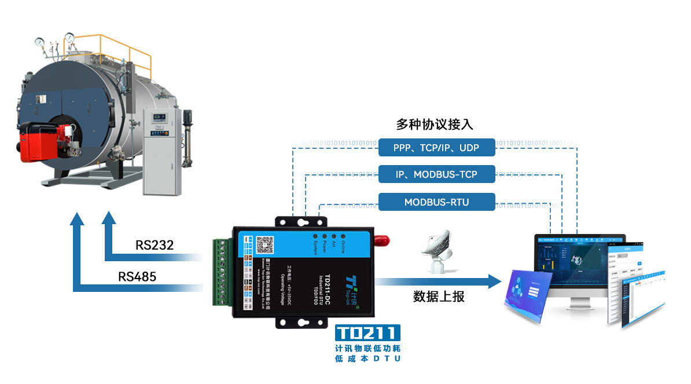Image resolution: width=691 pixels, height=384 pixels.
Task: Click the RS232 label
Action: (155, 245)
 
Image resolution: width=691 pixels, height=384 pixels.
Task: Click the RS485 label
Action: (137, 276)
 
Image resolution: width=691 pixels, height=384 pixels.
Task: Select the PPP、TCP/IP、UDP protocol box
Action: (436, 148)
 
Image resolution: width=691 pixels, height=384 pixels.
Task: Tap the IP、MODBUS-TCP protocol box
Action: (436, 174)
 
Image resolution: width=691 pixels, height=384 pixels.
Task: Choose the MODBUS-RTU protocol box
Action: (436, 202)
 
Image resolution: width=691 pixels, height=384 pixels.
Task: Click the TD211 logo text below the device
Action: (368, 333)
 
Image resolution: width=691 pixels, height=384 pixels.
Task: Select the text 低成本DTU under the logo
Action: (368, 359)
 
